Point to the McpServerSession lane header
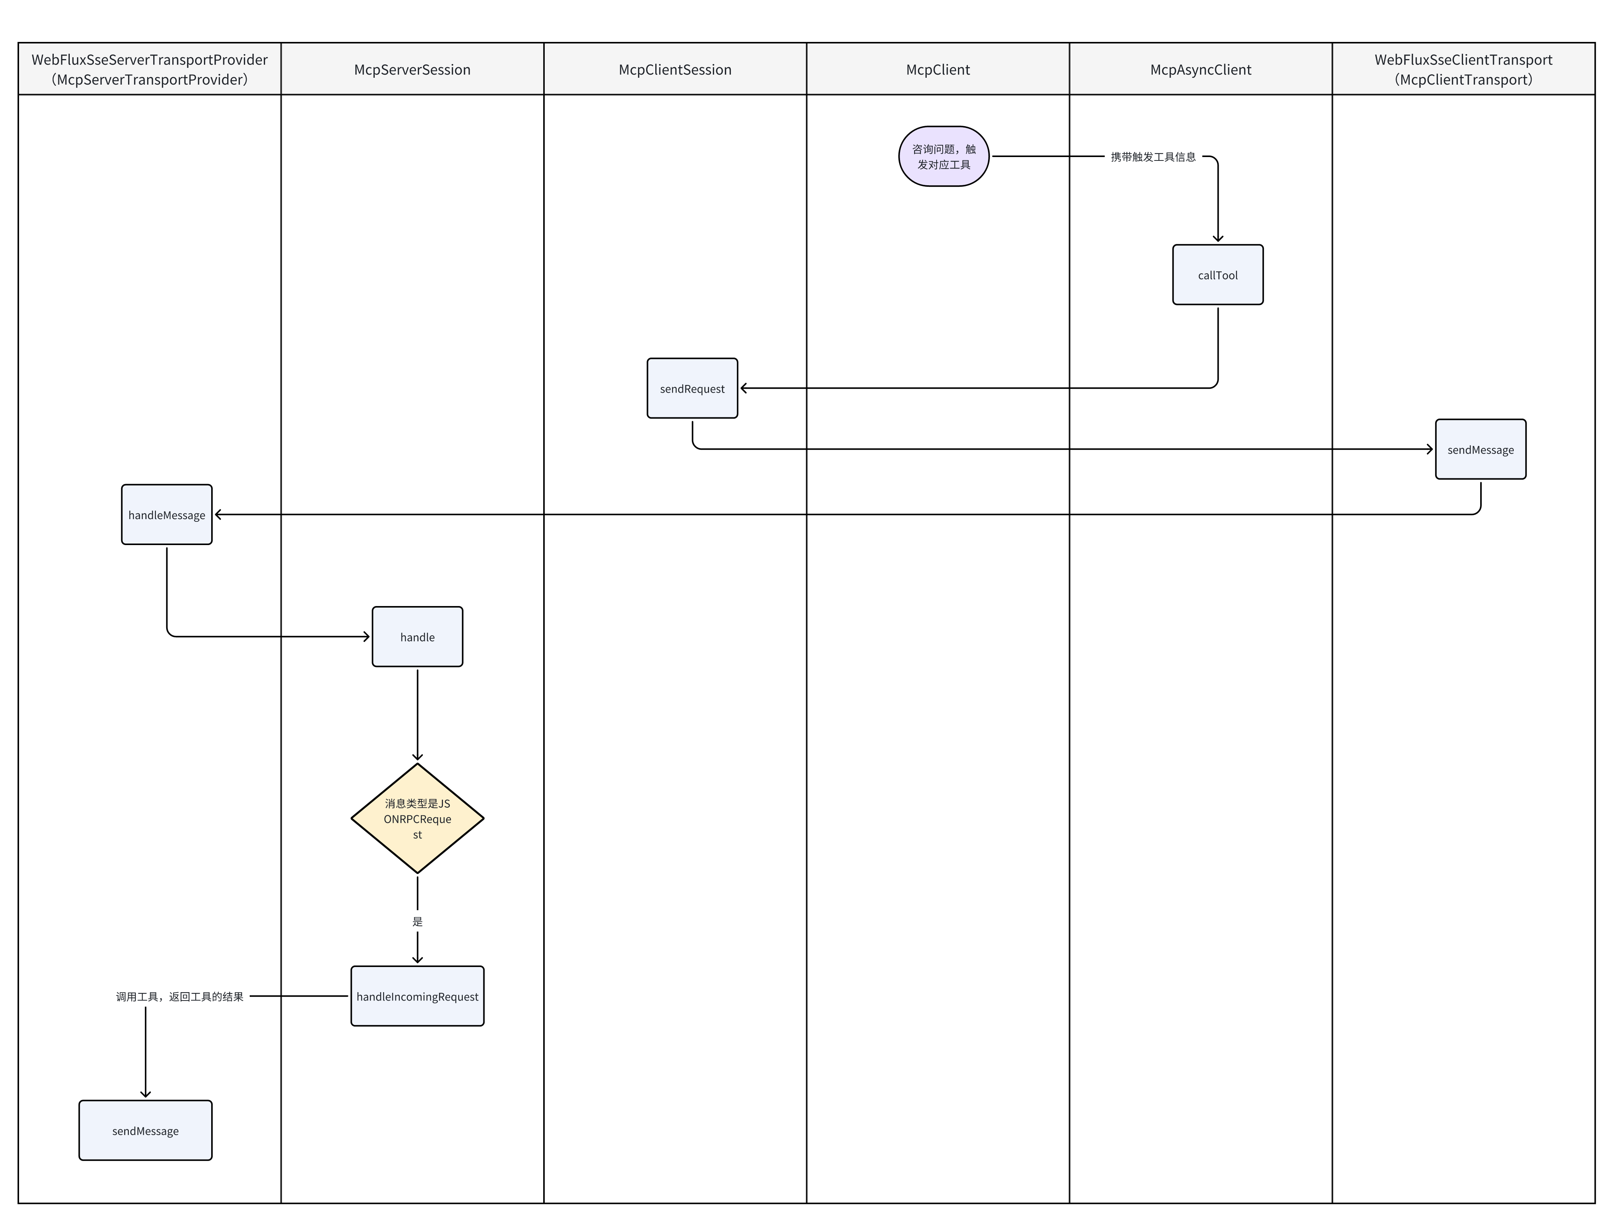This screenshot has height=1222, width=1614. click(x=412, y=69)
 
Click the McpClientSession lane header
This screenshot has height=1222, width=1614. click(x=675, y=69)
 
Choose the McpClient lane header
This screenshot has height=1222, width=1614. click(x=938, y=69)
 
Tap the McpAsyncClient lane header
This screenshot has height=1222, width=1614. click(x=1200, y=69)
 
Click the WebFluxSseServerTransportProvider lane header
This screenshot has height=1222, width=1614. click(x=149, y=69)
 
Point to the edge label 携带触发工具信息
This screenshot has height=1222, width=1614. click(x=1153, y=157)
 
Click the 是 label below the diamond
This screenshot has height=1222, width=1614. click(x=417, y=921)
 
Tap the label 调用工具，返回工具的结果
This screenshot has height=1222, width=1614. click(x=180, y=997)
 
